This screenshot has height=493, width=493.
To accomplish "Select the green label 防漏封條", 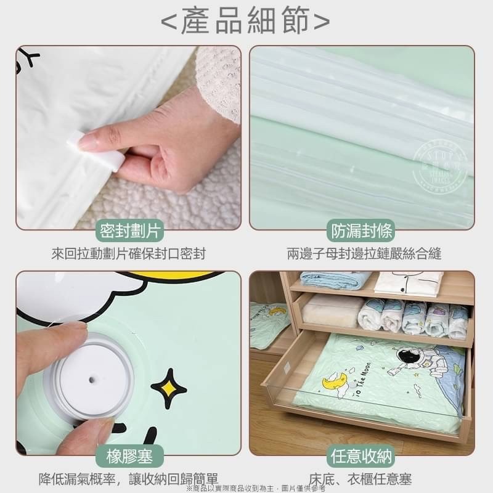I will [x=362, y=232].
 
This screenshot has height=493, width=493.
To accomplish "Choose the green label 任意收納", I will [x=362, y=457].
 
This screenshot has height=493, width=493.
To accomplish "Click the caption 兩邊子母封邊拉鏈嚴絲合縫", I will [x=364, y=253].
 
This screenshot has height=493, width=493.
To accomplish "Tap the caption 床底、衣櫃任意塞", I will [x=369, y=479].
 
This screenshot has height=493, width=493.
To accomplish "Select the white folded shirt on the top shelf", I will [x=408, y=282].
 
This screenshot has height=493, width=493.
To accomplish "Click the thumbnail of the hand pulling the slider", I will [x=128, y=137].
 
